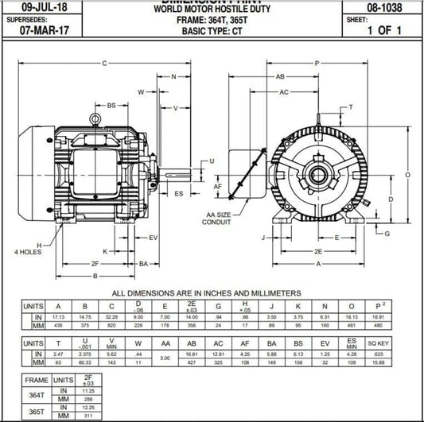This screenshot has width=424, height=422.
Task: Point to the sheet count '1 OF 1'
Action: pos(383,32)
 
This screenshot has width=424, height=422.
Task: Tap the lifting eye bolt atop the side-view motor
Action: pos(95,120)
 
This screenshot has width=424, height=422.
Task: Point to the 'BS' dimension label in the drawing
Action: pos(112,104)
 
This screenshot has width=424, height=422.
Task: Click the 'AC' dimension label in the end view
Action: pos(284,92)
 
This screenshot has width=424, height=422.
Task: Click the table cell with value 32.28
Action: pos(111,316)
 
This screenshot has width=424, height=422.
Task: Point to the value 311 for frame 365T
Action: pos(88,416)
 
